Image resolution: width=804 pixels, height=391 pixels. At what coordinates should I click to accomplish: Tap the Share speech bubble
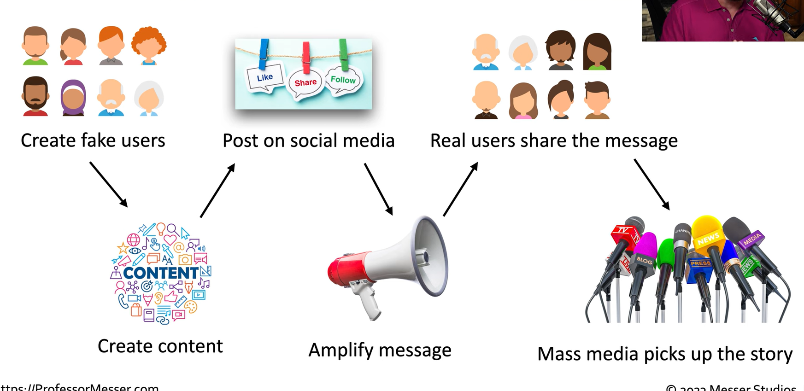305,83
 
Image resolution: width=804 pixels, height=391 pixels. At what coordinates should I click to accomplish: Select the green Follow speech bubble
343,80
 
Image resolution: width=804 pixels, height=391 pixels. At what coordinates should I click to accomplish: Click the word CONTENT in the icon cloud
160,273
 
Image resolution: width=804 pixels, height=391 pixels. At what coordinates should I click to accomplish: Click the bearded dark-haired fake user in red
35,96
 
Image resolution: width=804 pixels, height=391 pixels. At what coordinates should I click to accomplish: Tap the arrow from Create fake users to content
109,184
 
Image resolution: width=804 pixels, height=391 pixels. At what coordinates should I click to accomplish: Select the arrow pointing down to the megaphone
378,189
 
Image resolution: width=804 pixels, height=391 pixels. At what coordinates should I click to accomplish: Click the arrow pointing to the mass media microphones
651,184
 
